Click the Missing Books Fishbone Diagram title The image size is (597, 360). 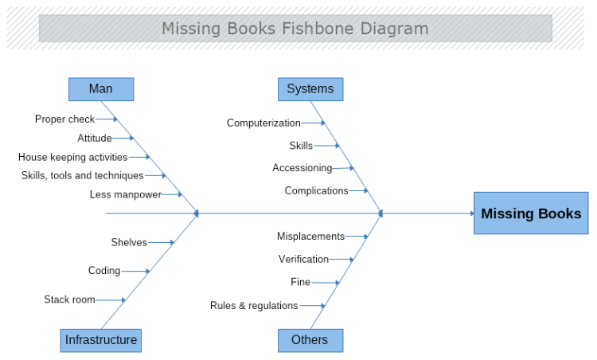pos(295,29)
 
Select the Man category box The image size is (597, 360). pos(101,88)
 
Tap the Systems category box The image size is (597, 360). pos(310,88)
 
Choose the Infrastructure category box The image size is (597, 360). pos(100,340)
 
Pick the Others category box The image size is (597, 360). pos(310,340)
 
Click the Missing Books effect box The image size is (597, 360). pos(531,213)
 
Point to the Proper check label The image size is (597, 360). pos(64,119)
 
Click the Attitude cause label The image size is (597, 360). pos(95,138)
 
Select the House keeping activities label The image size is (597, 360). pos(72,157)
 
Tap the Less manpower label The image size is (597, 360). pos(126,194)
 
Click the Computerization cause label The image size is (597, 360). pos(263,123)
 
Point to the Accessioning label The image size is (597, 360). pos(302,168)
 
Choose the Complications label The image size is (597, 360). pos(316,190)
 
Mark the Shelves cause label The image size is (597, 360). pos(129,242)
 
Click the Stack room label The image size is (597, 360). pos(69,299)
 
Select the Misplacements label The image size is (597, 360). pos(310,236)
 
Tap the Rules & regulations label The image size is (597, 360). pos(254,305)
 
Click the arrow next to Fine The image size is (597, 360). pos(326,282)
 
